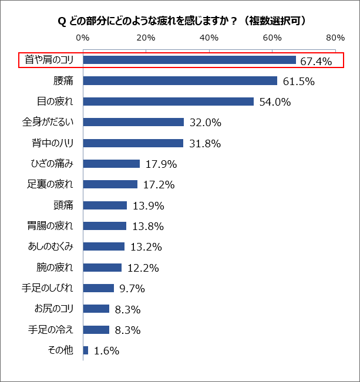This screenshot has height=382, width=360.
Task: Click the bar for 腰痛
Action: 180,81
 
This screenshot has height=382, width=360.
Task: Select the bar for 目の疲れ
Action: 168,102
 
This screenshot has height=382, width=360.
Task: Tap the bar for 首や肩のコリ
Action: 189,60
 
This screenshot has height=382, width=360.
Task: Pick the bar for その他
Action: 86,350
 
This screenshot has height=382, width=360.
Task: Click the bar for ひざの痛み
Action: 112,164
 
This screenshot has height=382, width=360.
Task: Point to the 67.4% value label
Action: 317,61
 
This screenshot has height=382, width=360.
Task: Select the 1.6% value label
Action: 106,351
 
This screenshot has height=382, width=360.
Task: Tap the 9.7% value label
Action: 132,289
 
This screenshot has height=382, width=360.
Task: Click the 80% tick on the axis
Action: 335,38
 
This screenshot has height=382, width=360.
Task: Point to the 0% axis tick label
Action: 83,38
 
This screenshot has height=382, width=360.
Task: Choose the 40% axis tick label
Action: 209,38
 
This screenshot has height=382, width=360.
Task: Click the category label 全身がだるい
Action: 48,122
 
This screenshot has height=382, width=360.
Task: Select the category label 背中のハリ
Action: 52,143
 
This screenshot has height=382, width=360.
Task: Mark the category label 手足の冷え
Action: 52,329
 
